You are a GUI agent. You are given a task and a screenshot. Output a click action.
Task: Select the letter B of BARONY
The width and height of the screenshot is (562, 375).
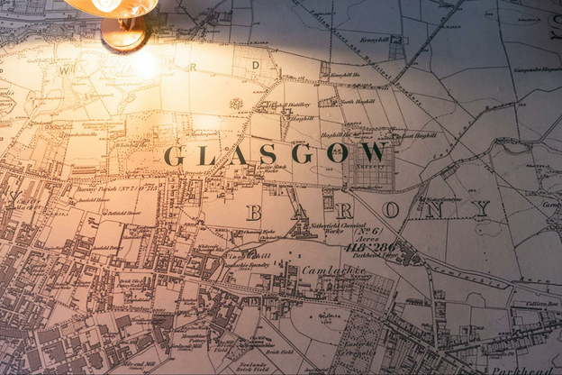pyautogui.click(x=254, y=213)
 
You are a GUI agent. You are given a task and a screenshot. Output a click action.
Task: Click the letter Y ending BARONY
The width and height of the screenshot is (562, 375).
pyautogui.click(x=482, y=209)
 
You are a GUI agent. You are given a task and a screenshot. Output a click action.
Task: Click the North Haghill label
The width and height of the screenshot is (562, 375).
pyautogui.click(x=359, y=101)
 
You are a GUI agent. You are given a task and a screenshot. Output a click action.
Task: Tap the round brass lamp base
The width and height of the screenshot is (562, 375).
pyautogui.click(x=124, y=34)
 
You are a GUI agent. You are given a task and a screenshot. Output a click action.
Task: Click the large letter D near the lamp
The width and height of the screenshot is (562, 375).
pyautogui.click(x=256, y=65)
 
